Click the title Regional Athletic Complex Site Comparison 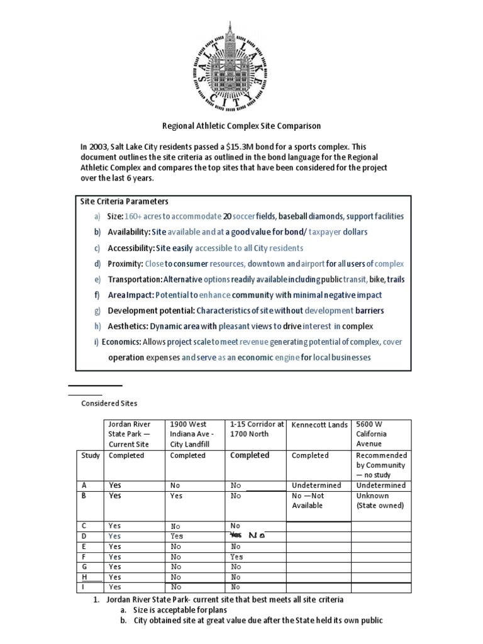(240, 126)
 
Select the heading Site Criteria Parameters (125, 202)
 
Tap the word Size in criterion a (115, 216)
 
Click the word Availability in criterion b (129, 232)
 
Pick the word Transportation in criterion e (135, 279)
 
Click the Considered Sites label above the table (109, 403)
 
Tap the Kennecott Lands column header (319, 425)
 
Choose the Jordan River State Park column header (130, 434)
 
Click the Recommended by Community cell (381, 465)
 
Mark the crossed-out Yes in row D (236, 535)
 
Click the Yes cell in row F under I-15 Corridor (236, 557)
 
